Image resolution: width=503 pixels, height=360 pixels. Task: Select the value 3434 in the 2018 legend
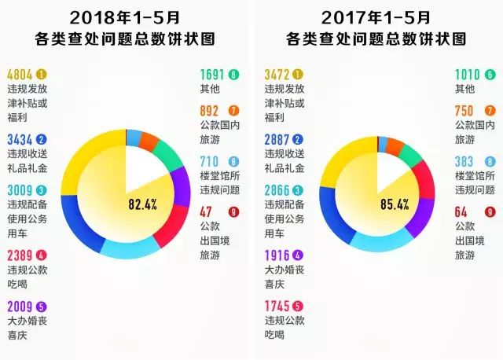(20, 140)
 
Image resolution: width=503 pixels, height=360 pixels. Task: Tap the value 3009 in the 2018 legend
(20, 190)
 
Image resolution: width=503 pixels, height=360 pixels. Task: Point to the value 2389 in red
(20, 255)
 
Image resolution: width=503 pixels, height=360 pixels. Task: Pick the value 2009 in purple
(20, 307)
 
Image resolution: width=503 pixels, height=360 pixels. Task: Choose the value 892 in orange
(212, 111)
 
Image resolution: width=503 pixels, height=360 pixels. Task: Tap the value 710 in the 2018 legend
(212, 161)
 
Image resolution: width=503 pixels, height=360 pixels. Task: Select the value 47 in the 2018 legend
(208, 211)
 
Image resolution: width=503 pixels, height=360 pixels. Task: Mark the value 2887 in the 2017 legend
(280, 140)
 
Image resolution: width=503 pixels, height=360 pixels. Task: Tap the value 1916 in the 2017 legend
(280, 255)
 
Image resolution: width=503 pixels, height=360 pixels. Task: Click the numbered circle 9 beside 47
(233, 211)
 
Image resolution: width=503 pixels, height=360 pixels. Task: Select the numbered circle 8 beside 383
(490, 161)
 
